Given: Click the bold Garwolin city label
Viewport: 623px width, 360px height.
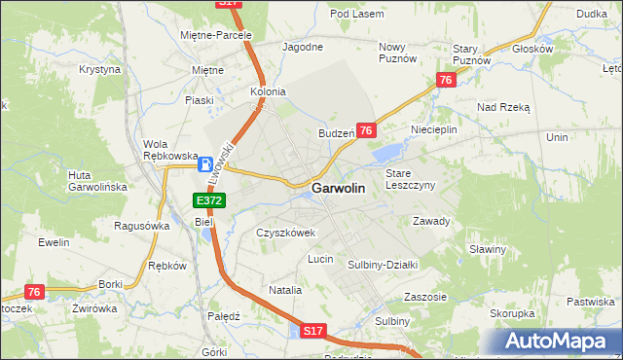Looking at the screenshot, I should [339, 189].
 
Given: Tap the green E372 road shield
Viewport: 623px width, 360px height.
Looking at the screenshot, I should [209, 200].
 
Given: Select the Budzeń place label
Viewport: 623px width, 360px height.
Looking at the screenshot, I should [335, 133].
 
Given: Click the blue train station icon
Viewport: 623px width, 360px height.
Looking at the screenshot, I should [206, 165].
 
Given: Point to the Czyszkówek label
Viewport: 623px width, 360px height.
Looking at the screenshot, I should [286, 234].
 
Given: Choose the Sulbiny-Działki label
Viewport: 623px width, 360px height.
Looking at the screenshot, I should [383, 264].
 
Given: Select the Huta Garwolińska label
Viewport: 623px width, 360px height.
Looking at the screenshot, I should [92, 181].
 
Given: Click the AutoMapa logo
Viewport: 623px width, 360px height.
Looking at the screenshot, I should [560, 342].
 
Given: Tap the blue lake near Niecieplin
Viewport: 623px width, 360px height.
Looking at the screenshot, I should [386, 152].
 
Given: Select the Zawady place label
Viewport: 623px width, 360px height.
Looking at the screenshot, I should [431, 221].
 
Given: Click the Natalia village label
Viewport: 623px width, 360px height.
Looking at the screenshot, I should [285, 290].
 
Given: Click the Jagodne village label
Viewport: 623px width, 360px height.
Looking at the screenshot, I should [302, 46].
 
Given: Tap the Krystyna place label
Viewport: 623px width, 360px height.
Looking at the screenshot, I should [100, 70].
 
